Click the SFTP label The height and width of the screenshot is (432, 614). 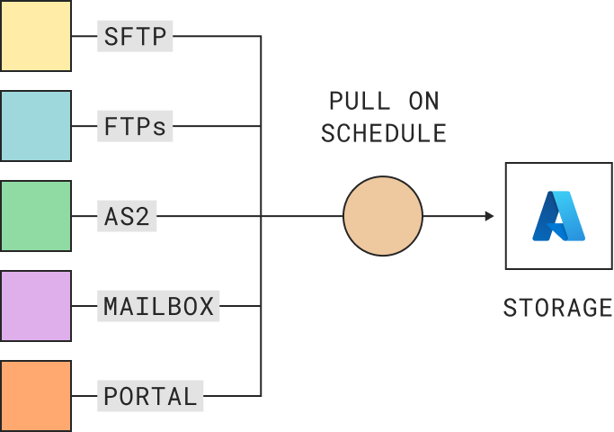(x=135, y=37)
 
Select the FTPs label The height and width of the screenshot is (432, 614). (x=135, y=127)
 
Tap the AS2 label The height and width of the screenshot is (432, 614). (x=127, y=217)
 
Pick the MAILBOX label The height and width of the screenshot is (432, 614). (x=158, y=306)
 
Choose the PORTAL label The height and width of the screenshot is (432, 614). (x=150, y=396)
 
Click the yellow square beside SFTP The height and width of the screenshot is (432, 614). (x=36, y=36)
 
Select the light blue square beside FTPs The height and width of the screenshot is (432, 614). (x=36, y=126)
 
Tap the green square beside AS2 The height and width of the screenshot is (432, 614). (x=36, y=216)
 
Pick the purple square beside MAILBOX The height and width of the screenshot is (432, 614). (x=36, y=306)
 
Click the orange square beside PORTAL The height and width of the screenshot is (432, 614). (x=36, y=396)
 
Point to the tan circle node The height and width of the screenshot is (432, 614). (x=383, y=216)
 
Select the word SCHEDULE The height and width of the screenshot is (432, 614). (x=384, y=133)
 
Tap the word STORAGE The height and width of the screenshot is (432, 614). (x=557, y=308)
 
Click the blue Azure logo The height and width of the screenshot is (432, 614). (x=558, y=216)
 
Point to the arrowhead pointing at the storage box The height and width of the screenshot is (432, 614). (x=489, y=216)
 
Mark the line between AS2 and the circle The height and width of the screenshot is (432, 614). (x=252, y=216)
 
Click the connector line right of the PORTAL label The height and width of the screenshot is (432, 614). (x=232, y=396)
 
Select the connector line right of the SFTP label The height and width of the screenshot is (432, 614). (x=216, y=37)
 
